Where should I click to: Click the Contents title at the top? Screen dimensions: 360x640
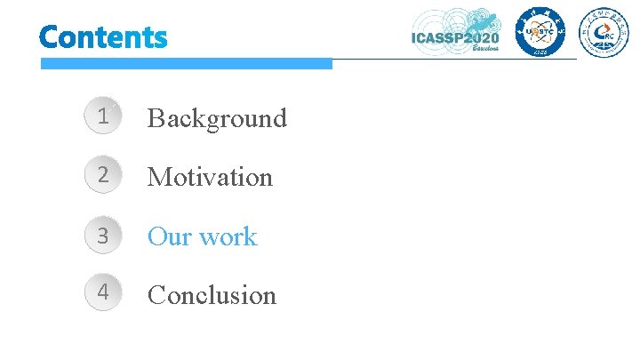click(x=103, y=37)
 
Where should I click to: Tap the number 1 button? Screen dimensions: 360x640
click(x=104, y=116)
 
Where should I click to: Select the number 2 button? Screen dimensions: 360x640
click(x=104, y=176)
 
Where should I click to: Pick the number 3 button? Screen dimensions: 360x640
click(x=104, y=236)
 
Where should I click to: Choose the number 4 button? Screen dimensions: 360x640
click(x=104, y=294)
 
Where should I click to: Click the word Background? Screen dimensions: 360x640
click(x=217, y=117)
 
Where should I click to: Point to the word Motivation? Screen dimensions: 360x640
click(x=210, y=177)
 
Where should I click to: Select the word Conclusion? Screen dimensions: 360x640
click(x=212, y=295)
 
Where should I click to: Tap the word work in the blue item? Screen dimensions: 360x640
click(x=228, y=236)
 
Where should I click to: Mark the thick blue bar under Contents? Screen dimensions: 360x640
click(x=186, y=64)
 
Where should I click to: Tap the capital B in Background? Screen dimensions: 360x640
click(x=156, y=117)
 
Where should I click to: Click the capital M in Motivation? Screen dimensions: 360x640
click(x=159, y=177)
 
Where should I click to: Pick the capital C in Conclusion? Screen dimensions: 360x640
click(x=156, y=295)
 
